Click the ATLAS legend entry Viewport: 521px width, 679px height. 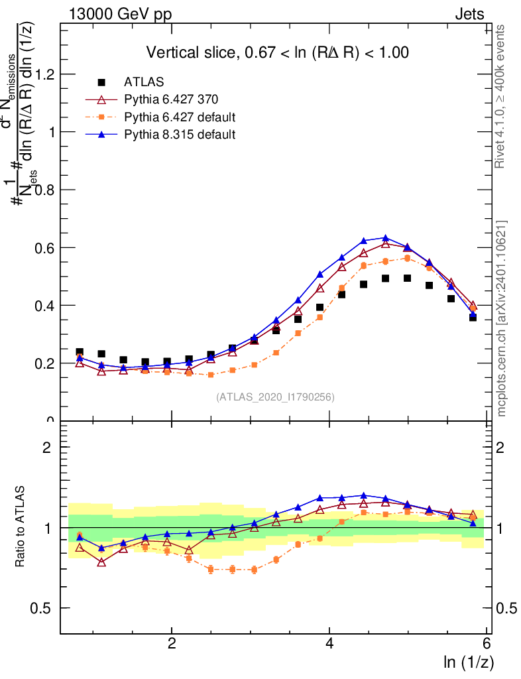tap(144, 83)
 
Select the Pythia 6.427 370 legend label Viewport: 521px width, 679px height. tap(171, 100)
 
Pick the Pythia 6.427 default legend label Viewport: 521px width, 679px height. tap(180, 117)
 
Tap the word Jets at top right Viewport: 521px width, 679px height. tap(469, 15)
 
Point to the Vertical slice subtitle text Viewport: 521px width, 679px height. tap(277, 53)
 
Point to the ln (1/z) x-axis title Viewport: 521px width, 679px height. tap(468, 662)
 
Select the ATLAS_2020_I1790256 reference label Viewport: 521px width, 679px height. tap(275, 398)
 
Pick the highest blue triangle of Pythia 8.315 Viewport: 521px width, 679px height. tap(386, 238)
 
